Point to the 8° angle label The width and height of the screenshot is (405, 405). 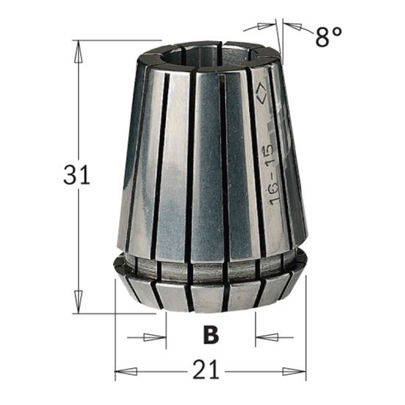329,37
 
